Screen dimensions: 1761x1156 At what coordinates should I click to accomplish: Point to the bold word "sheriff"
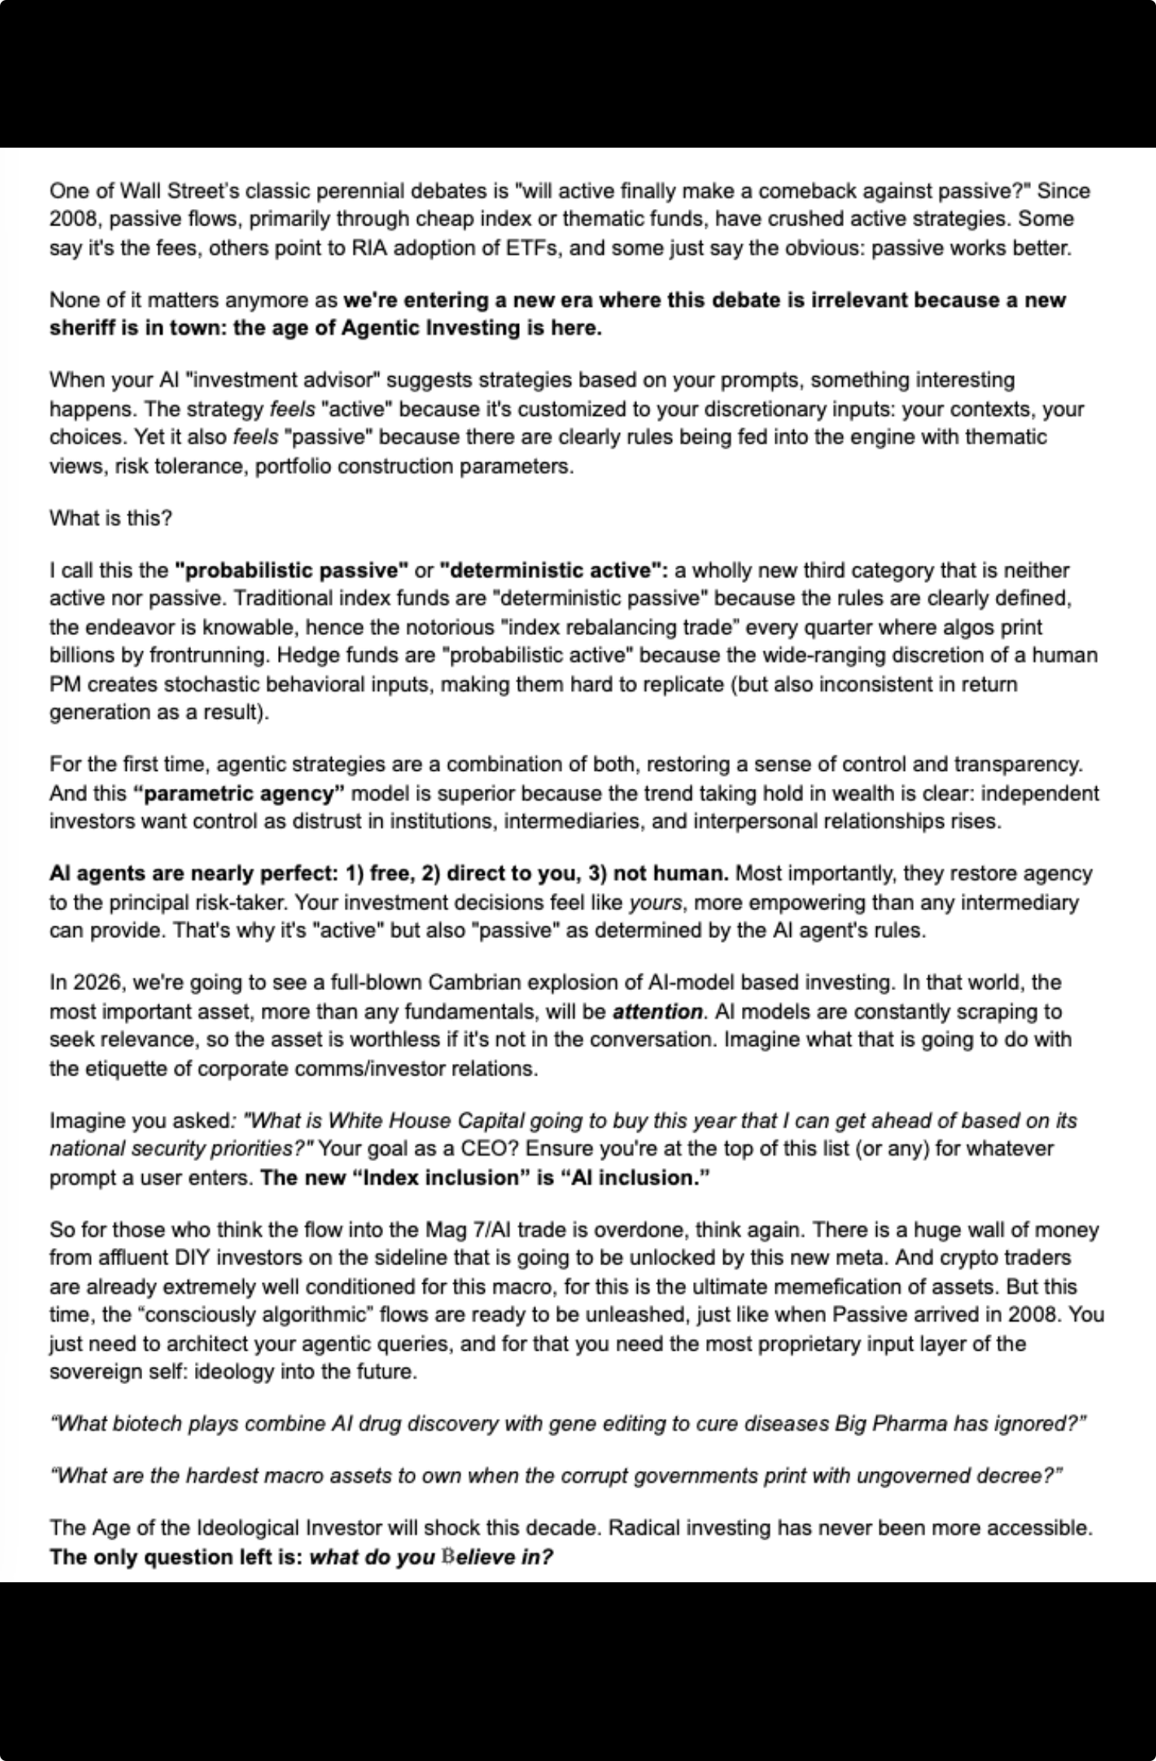(83, 328)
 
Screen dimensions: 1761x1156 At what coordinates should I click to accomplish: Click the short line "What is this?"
(110, 518)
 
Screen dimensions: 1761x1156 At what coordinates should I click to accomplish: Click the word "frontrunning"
(187, 655)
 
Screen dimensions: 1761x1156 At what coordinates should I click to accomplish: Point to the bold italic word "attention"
(657, 1011)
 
